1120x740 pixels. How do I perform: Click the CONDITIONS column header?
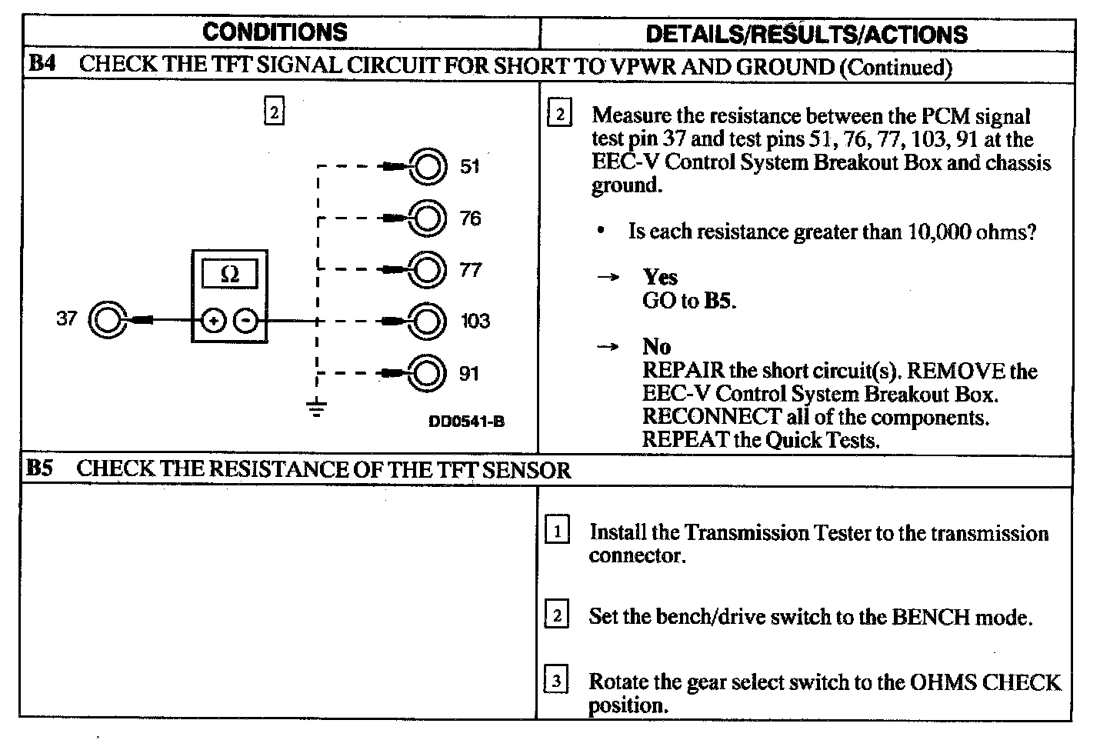tap(275, 32)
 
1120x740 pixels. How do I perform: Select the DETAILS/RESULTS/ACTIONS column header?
tap(806, 35)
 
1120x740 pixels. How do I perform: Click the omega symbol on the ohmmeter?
tap(229, 274)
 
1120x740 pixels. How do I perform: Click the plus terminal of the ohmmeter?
tap(213, 320)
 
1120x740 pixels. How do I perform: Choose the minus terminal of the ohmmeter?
tap(245, 320)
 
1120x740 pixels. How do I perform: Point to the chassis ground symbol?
tap(316, 408)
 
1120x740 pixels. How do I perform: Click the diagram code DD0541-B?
tap(467, 422)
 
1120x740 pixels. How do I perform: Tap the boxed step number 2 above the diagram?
tap(274, 112)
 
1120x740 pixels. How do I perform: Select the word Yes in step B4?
tap(660, 277)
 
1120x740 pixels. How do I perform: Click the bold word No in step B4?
tap(656, 347)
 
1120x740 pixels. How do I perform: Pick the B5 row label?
tap(39, 468)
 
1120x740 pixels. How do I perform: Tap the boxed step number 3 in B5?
tap(556, 681)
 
